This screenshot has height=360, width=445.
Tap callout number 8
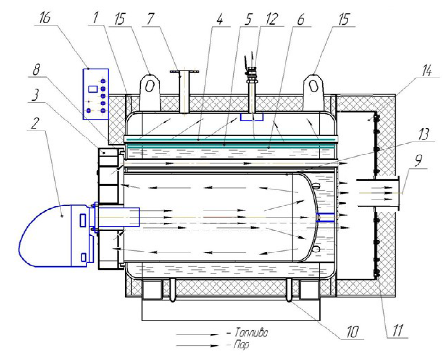(x=36, y=69)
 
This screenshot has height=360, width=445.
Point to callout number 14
(x=426, y=70)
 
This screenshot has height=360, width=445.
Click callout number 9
(x=418, y=160)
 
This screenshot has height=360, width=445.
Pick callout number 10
(x=352, y=331)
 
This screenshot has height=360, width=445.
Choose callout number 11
(x=397, y=330)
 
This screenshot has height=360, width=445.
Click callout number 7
(x=150, y=19)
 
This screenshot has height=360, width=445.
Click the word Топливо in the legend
(x=251, y=332)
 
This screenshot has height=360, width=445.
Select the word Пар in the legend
(x=242, y=345)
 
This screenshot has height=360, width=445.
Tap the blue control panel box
(x=96, y=94)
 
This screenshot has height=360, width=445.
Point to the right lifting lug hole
(x=313, y=86)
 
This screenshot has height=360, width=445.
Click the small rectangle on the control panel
(x=93, y=89)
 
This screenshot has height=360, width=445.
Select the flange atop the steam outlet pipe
(x=184, y=72)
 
